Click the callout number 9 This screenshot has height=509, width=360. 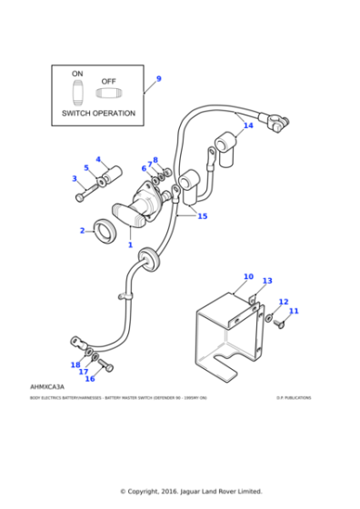tap(158, 79)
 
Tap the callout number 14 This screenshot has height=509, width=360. tap(248, 126)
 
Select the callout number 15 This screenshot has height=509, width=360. tap(202, 216)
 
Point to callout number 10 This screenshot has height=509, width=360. tap(248, 276)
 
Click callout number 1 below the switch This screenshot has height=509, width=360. tap(130, 245)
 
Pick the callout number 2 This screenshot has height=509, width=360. tap(82, 230)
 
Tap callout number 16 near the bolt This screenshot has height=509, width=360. tap(89, 378)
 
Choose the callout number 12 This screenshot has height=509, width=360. tap(283, 302)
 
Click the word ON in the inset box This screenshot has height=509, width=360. tap(77, 73)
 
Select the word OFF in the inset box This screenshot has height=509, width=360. tap(108, 81)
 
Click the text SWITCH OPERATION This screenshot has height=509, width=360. tap(97, 114)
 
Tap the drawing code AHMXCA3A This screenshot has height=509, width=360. tap(46, 387)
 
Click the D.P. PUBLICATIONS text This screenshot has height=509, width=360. tap(293, 397)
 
